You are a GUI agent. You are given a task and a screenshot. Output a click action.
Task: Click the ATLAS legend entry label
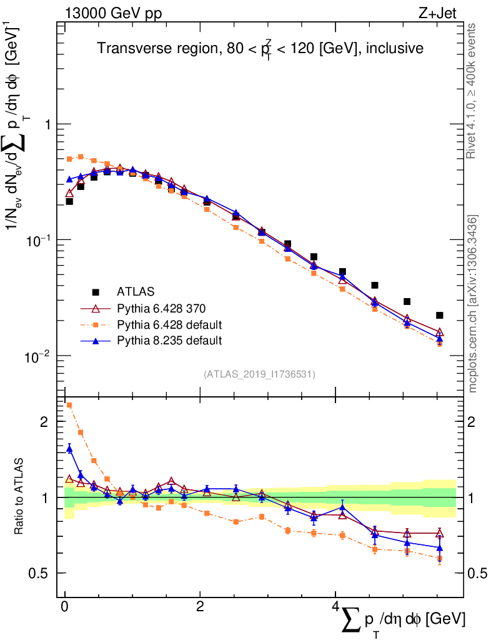135,291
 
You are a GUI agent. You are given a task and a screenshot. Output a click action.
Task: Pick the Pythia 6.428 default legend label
170,324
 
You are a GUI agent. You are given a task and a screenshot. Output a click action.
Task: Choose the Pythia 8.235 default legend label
170,341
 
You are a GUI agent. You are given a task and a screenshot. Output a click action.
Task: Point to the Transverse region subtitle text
260,48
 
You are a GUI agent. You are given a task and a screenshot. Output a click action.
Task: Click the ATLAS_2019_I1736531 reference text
259,374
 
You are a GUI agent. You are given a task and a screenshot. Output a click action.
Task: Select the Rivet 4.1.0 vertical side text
472,91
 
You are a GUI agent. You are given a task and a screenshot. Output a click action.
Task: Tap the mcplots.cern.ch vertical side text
473,304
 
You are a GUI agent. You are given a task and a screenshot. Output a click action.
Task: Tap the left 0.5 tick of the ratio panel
42,573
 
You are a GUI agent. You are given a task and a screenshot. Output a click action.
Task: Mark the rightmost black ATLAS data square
439,316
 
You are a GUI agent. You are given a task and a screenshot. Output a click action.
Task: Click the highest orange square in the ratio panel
69,405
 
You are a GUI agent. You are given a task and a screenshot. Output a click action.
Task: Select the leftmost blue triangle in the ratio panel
69,447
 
